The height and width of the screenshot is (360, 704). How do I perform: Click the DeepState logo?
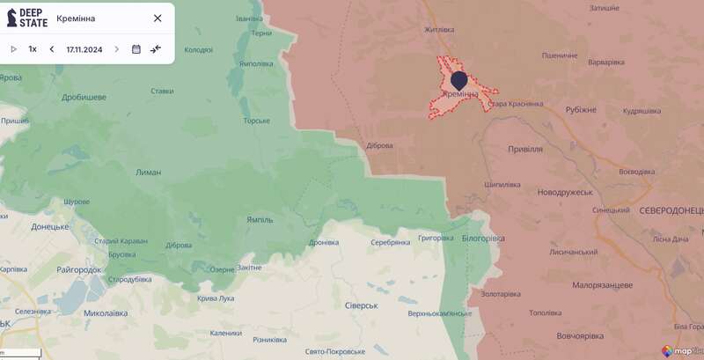tap(27, 18)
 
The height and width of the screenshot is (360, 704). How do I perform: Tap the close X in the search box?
tap(158, 18)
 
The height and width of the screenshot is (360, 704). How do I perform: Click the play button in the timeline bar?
tap(13, 49)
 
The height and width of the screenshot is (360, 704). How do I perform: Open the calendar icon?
tap(136, 49)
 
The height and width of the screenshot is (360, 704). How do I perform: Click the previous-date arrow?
tap(52, 49)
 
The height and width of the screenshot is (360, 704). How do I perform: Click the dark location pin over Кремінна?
tap(458, 81)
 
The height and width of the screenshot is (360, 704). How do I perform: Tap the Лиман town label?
tap(149, 173)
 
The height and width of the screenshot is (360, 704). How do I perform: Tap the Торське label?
tap(256, 121)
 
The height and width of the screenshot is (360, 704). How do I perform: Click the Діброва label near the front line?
tap(379, 146)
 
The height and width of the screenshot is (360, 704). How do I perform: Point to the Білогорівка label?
tap(483, 238)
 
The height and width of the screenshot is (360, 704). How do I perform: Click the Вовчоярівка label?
tap(580, 336)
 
